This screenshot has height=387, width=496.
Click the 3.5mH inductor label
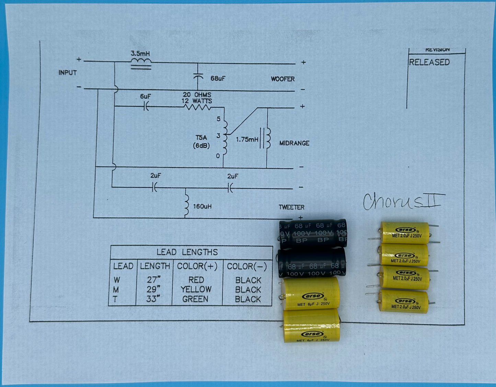(140, 54)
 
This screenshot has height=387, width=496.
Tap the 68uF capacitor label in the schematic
(218, 79)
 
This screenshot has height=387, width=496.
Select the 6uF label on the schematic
(145, 97)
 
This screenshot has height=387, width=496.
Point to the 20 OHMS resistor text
(197, 95)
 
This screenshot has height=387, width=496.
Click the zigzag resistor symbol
(197, 107)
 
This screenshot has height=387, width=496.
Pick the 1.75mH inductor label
(247, 140)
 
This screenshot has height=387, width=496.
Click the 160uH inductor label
(202, 206)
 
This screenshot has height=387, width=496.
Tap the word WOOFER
(282, 79)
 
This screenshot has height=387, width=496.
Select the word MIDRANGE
(294, 143)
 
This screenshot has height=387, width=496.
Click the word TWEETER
(291, 207)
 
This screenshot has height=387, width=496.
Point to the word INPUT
(68, 73)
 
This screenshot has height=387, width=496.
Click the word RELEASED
(429, 62)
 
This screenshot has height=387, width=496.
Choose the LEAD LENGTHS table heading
(187, 253)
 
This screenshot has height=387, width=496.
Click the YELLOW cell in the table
(196, 290)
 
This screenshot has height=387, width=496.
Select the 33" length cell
(153, 299)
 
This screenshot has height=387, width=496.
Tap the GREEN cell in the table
(195, 299)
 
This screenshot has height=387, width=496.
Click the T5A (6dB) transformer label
(201, 141)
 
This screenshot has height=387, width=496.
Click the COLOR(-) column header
(247, 266)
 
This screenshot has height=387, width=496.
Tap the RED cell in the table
(196, 280)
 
